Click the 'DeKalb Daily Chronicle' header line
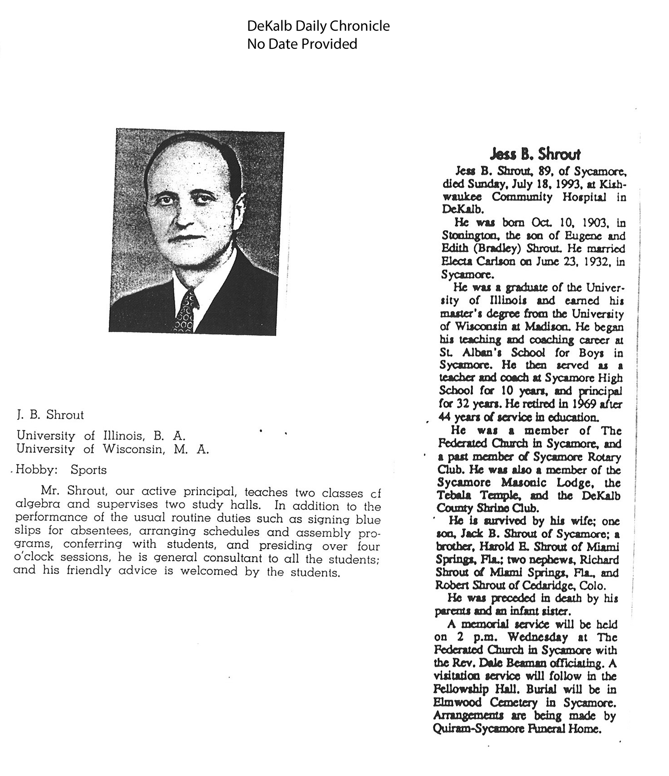[x=318, y=26]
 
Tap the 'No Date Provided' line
[x=302, y=44]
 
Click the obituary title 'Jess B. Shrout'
[x=535, y=155]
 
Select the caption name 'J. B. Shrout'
[x=50, y=415]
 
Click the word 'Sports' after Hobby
[x=89, y=470]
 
